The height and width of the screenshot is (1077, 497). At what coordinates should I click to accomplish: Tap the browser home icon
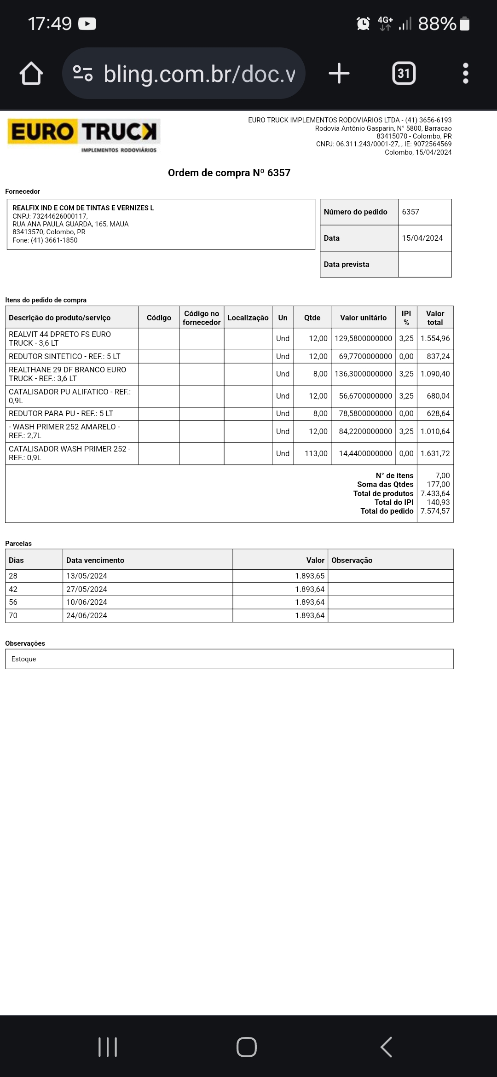31,74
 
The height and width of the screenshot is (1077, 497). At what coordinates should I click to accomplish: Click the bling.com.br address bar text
199,74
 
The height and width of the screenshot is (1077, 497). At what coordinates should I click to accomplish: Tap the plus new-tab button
339,74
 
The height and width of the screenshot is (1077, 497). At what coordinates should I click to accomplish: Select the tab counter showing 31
404,74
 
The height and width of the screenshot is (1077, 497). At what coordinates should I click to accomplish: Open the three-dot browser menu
465,74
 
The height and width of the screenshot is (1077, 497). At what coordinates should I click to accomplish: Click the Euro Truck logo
83,134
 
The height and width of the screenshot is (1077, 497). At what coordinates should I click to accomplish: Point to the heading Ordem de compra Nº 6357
229,173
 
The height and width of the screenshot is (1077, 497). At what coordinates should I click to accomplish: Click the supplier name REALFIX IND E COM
83,208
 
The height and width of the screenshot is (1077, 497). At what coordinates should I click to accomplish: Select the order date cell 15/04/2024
422,238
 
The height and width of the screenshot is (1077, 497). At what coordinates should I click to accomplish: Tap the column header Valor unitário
363,318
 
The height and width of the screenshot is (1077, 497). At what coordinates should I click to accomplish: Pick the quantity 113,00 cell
316,453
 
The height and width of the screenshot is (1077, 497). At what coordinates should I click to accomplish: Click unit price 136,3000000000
363,374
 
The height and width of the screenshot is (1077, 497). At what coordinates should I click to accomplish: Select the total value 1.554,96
435,338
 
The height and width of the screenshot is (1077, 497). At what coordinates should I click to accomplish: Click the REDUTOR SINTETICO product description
64,356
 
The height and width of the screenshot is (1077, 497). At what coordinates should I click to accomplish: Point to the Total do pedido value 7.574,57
435,511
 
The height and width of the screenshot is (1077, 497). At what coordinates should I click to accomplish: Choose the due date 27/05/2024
87,589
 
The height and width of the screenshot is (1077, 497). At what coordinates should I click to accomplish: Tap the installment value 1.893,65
310,576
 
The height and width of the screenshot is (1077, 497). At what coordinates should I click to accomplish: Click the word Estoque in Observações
23,659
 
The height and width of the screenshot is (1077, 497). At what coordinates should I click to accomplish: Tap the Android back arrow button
387,1047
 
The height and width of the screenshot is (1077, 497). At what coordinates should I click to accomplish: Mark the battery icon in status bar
465,23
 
